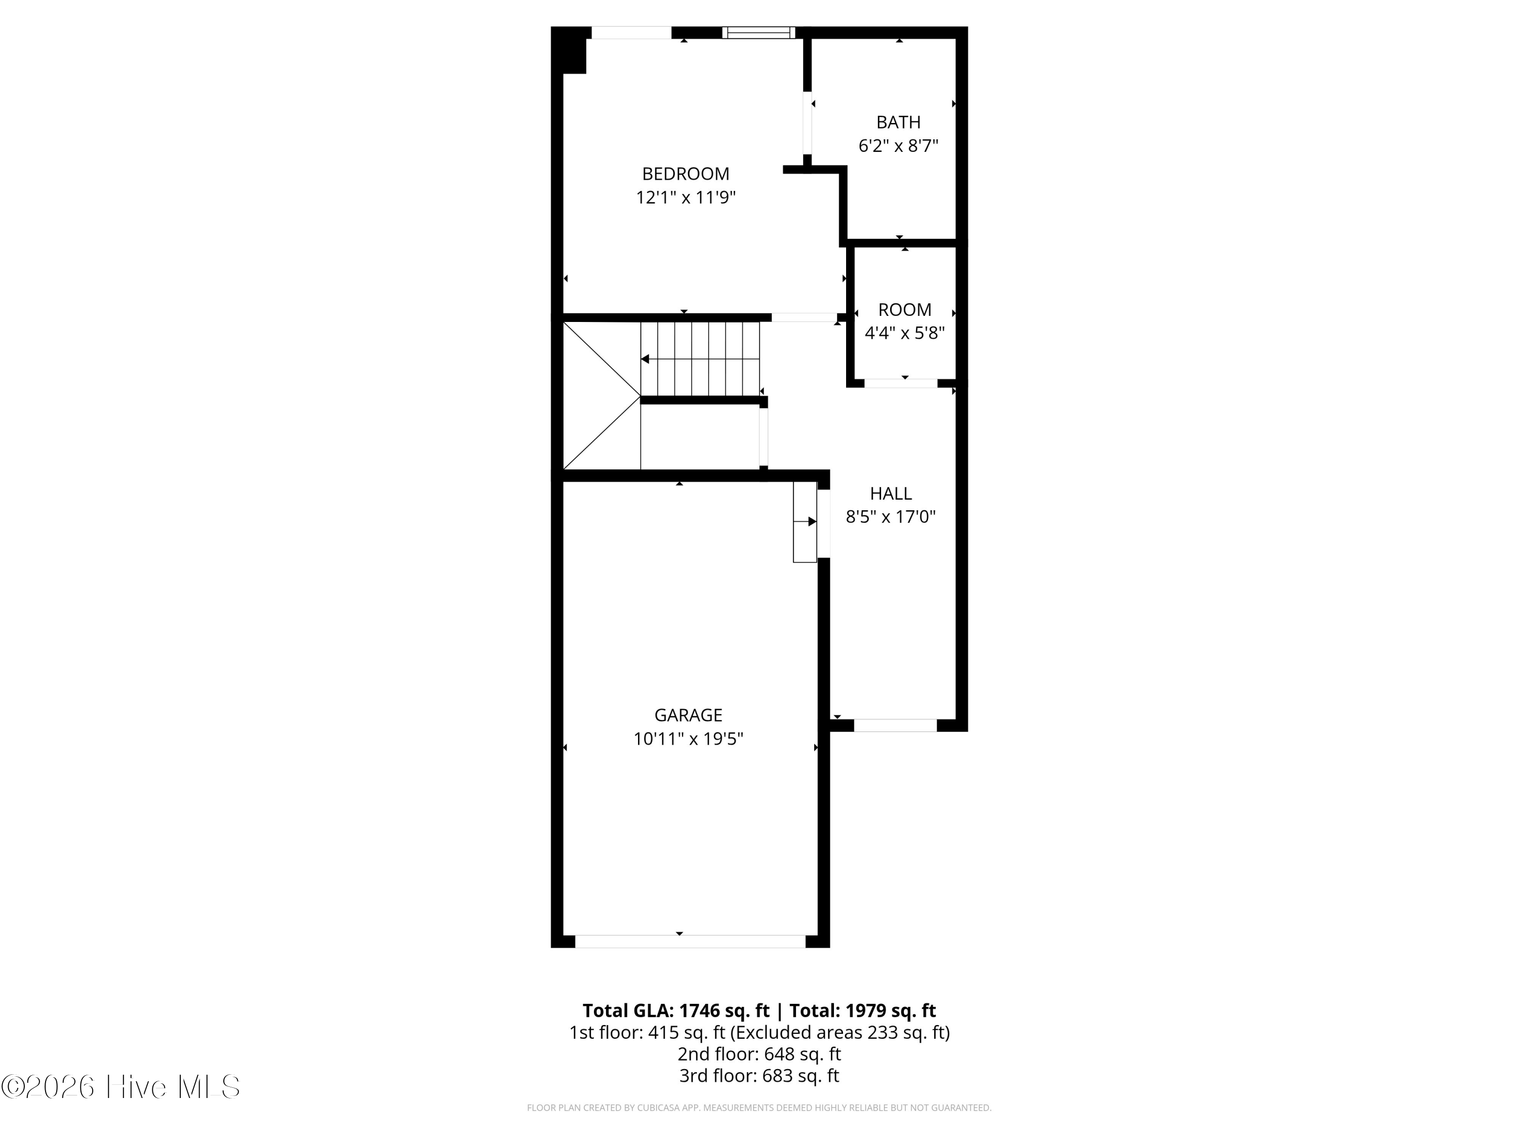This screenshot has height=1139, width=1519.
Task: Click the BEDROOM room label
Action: coord(686,174)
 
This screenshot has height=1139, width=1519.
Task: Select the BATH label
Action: coord(898,122)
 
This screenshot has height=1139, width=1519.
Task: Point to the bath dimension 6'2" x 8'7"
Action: coord(898,146)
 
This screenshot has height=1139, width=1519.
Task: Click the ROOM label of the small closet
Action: coord(904,310)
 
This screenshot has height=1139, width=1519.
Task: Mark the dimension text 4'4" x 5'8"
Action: coord(904,333)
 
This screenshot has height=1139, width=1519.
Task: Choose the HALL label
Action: coord(891,494)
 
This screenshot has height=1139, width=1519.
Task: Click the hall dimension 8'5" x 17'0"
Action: coord(891,517)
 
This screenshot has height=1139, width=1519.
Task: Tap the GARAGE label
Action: coord(688,715)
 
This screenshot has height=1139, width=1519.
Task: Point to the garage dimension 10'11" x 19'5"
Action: coord(688,739)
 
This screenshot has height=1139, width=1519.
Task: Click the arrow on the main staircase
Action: coord(646,359)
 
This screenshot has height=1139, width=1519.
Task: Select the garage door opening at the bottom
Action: coord(690,941)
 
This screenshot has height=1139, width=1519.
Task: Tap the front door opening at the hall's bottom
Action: coord(895,725)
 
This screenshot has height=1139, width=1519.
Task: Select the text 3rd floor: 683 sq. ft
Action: coord(759,1075)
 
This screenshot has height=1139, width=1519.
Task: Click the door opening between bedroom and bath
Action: coord(808,123)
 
